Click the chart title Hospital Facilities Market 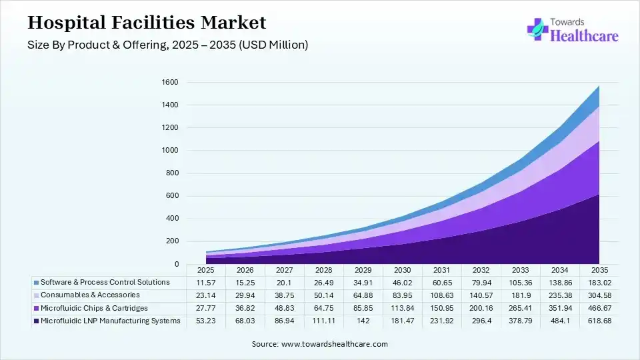pos(147,23)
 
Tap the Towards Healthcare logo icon pos(537,29)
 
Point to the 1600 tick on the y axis pos(170,83)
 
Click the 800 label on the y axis pos(172,173)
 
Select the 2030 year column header pos(402,270)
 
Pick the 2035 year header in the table pos(599,270)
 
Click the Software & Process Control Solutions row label pos(105,283)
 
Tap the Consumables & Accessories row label pos(90,295)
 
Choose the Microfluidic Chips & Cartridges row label pos(94,308)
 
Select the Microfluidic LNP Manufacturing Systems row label pos(110,321)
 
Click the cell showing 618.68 pos(599,321)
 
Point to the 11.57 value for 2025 pos(206,283)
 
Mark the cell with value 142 pos(363,321)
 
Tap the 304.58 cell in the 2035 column pos(599,295)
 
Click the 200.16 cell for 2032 pos(481,309)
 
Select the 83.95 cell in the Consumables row pos(402,295)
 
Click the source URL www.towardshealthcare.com pos(335,344)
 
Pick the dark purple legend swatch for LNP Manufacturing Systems pos(36,321)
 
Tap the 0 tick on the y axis pos(176,264)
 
